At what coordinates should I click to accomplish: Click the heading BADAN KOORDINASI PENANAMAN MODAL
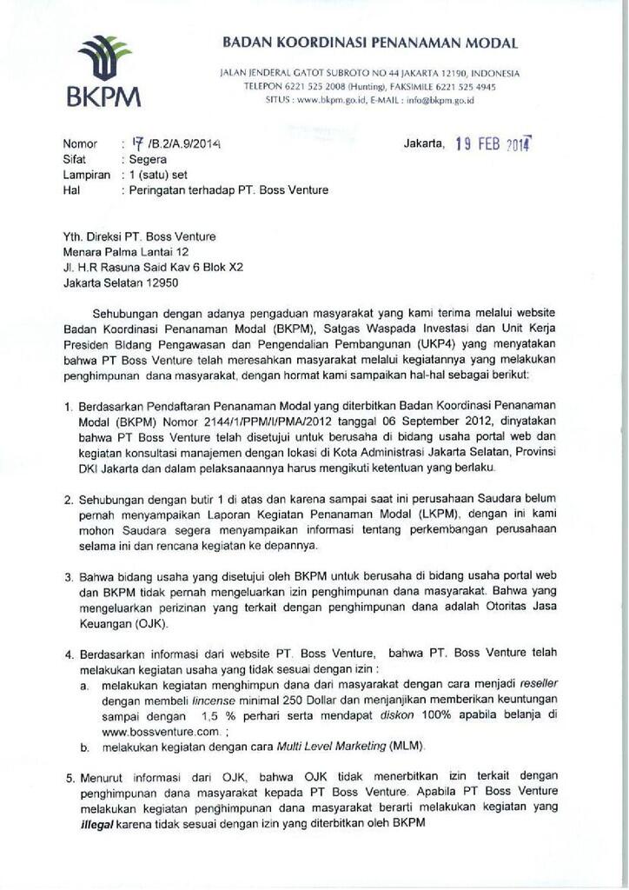(x=370, y=43)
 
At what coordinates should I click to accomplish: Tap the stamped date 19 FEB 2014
(x=493, y=145)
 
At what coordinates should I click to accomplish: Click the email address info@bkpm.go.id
(x=440, y=101)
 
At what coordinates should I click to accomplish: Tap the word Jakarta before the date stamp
(x=425, y=143)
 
